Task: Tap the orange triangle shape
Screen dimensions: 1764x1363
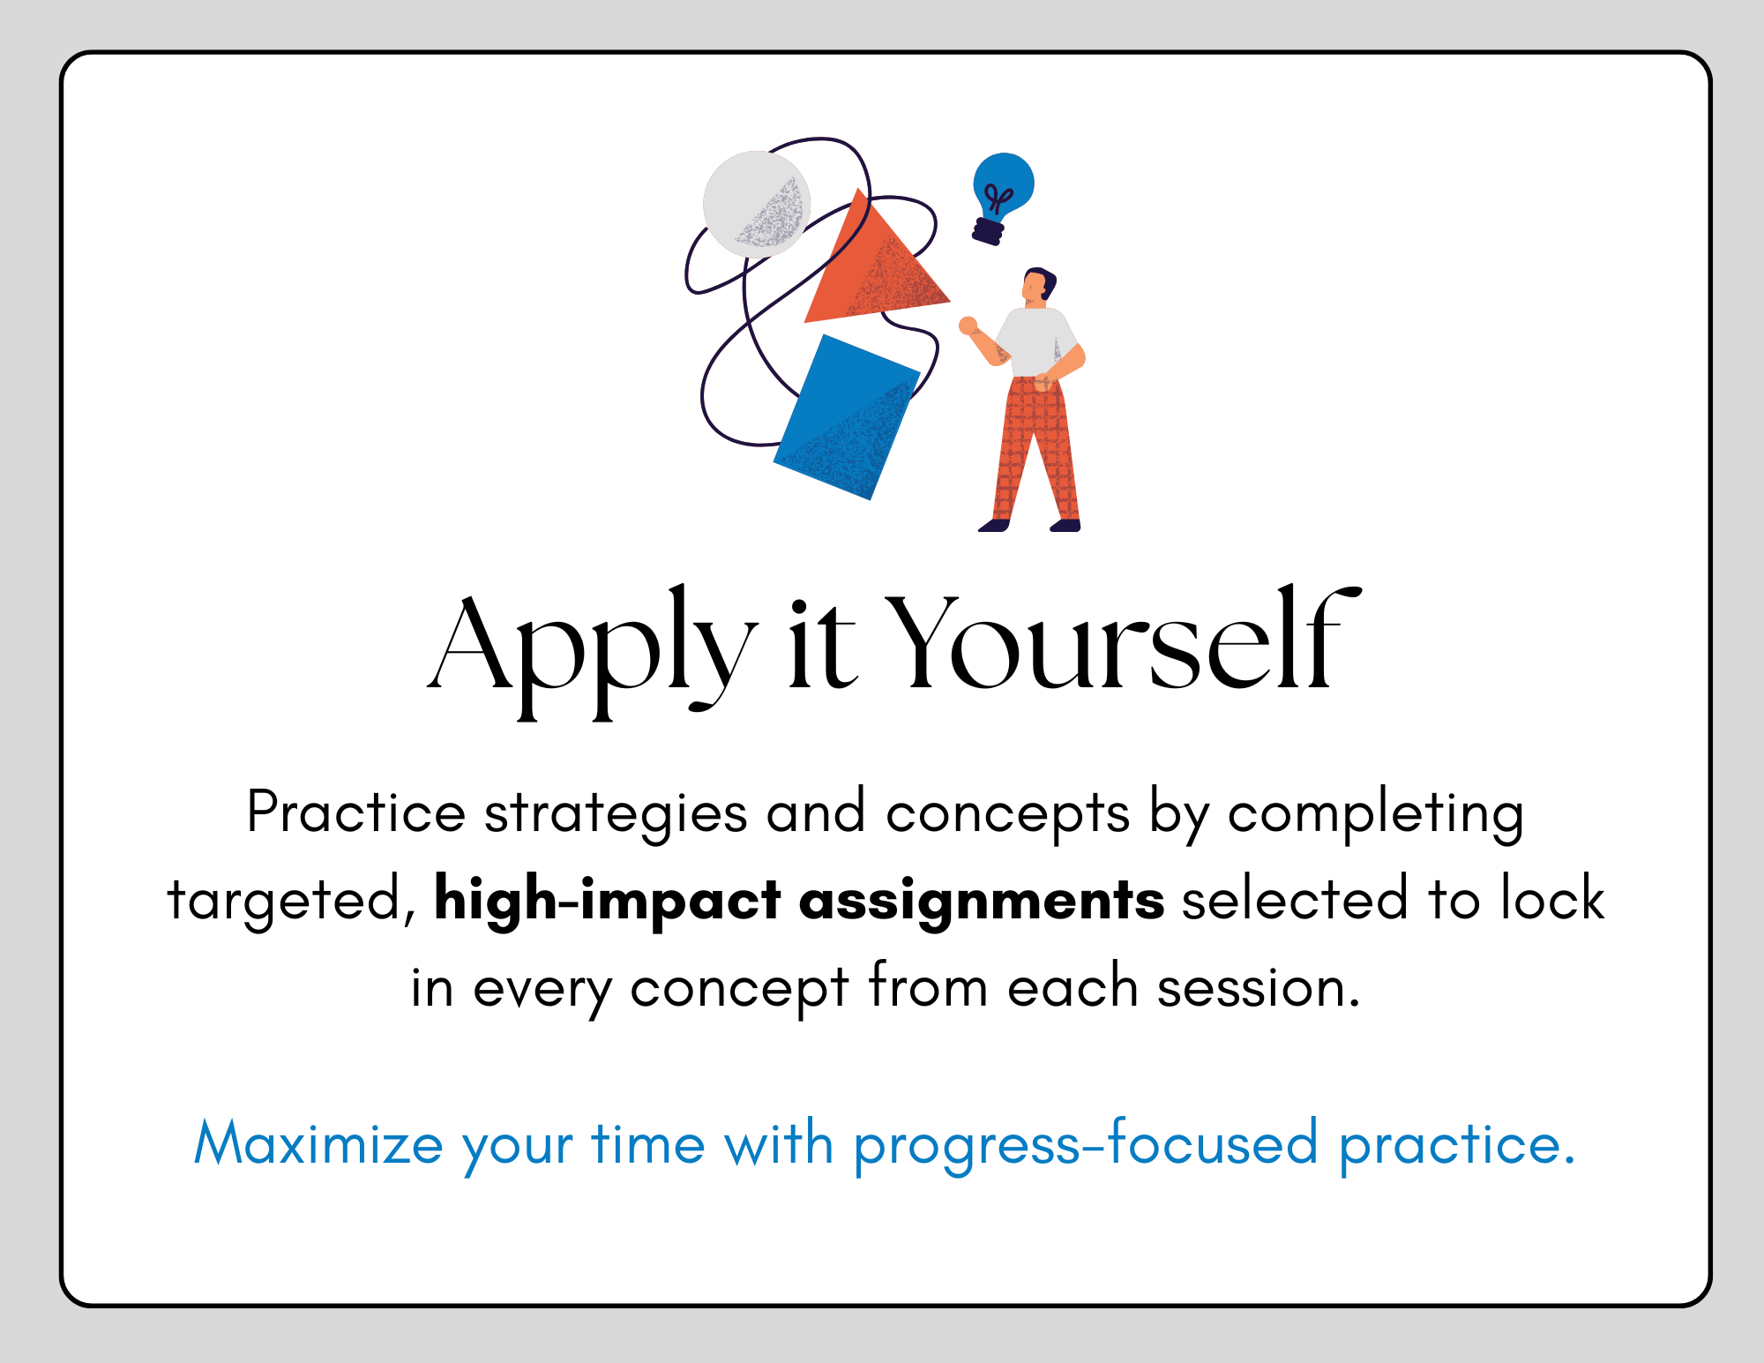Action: tap(873, 265)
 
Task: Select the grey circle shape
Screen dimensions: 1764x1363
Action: tap(757, 204)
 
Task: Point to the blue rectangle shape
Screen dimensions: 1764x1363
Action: tap(847, 417)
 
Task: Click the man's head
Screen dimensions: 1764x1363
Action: tap(1038, 286)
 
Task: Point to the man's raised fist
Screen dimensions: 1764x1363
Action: tap(968, 325)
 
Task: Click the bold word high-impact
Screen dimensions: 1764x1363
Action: tap(608, 901)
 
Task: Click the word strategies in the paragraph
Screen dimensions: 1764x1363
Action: tap(617, 814)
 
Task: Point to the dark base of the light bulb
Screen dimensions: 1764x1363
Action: tap(989, 231)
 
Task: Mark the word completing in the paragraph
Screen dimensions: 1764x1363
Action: tap(1376, 814)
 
